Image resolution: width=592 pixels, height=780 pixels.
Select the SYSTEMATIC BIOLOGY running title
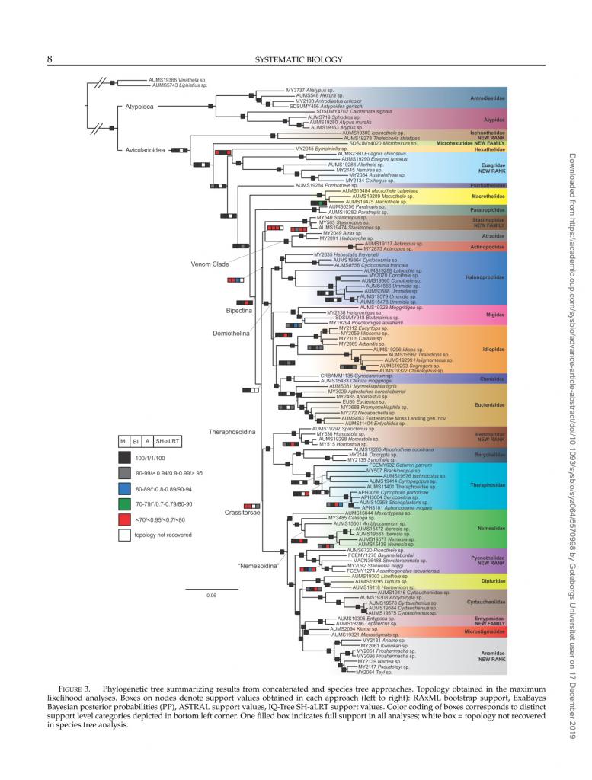click(x=296, y=59)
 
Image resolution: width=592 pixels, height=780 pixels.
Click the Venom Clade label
click(x=206, y=264)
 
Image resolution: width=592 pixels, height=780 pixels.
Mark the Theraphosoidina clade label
click(x=233, y=432)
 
